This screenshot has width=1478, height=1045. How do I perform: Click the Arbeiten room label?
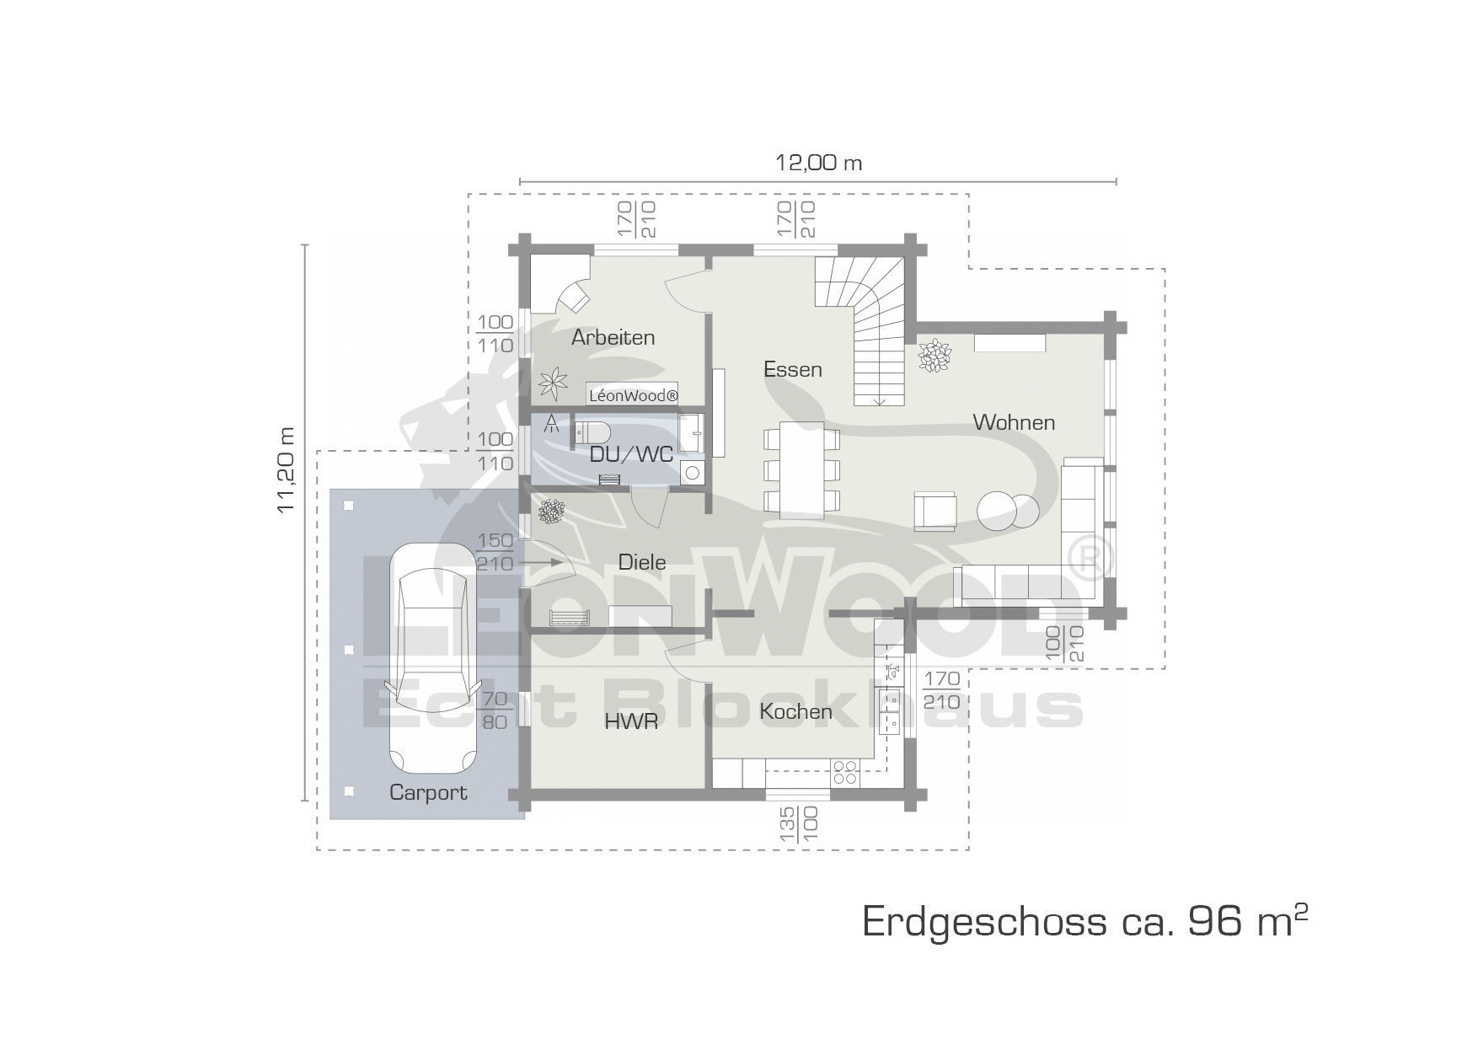(613, 337)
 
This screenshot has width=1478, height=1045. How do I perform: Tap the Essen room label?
(793, 369)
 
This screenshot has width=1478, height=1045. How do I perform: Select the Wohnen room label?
(1014, 422)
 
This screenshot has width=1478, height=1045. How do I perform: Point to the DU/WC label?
(631, 455)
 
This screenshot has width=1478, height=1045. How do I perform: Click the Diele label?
(642, 562)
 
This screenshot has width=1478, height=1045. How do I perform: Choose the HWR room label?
(631, 722)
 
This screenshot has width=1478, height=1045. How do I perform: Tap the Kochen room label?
(795, 711)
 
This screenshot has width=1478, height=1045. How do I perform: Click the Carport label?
(428, 792)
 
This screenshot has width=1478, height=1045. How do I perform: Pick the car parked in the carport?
(431, 657)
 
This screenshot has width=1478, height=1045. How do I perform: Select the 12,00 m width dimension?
(818, 163)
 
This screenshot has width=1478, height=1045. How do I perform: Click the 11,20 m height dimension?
(287, 469)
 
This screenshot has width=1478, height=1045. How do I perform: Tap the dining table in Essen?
(801, 470)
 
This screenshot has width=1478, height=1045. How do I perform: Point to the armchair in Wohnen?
(936, 511)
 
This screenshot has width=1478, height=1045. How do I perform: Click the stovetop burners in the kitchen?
(845, 773)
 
